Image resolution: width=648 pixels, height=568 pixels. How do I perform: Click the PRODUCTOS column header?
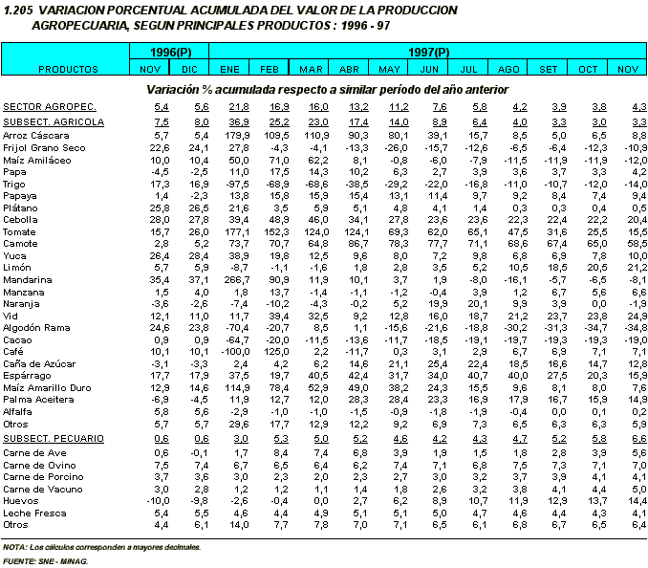[68, 69]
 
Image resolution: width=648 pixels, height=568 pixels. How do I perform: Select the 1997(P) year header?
[428, 53]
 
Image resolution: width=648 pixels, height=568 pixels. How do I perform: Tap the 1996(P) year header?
[171, 53]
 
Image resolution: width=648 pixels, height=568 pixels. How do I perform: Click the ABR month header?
[349, 69]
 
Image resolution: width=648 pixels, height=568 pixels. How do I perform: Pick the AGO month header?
[508, 69]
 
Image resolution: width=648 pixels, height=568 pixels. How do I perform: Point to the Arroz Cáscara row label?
[36, 136]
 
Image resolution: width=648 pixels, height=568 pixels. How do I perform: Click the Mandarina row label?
[28, 280]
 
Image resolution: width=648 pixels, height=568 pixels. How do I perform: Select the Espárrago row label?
[27, 376]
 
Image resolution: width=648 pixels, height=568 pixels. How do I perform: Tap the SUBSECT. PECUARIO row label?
[54, 439]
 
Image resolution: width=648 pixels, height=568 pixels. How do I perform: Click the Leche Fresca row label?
[34, 513]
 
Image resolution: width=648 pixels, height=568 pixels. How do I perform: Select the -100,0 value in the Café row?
[235, 352]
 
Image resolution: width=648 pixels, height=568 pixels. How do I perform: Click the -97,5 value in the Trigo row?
[238, 185]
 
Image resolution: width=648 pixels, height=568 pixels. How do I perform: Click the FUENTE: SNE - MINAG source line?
[46, 561]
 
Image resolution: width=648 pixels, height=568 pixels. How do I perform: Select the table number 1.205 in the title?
[18, 11]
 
